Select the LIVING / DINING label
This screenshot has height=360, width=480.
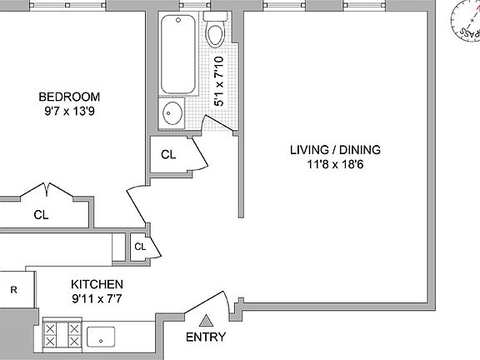[x=335, y=150]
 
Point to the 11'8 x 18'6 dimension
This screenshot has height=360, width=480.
[x=335, y=166]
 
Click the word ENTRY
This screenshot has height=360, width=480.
[x=206, y=337]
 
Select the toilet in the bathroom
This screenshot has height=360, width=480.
[x=215, y=31]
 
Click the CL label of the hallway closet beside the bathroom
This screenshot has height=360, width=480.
[x=168, y=154]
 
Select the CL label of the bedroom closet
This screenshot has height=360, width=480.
[x=42, y=214]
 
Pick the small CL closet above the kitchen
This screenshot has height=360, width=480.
[x=140, y=247]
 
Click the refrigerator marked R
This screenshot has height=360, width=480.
[x=14, y=290]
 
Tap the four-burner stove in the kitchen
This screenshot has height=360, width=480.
[x=62, y=335]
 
